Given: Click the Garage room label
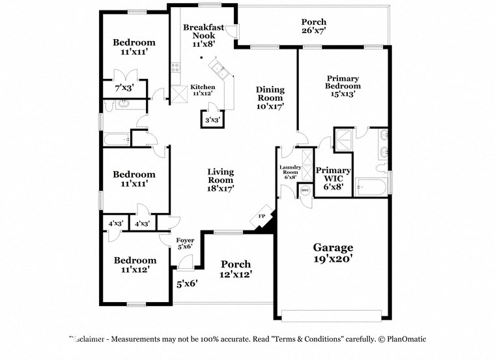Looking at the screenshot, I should (333, 247).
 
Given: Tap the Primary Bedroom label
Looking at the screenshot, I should (343, 82).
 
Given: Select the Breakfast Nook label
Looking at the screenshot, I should (199, 31).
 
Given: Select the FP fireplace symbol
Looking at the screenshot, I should (262, 216).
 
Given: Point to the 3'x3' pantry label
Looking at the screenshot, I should (212, 120).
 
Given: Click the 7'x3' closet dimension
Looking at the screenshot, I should (124, 87).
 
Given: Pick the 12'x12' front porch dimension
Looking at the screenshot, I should (235, 274).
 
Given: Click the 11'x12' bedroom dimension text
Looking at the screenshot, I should (135, 270).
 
